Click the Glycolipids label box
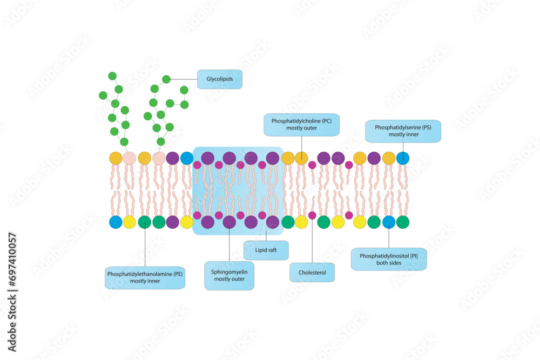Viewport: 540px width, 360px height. coord(220,79)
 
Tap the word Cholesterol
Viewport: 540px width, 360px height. coord(312,272)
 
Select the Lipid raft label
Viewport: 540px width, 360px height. coord(266,250)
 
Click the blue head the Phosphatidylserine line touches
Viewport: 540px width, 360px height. coord(403,158)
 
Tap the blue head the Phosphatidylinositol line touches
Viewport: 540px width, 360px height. coord(389,222)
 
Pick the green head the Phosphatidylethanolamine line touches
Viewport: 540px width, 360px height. coord(145,222)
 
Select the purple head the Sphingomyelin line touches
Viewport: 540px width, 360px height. coord(230,222)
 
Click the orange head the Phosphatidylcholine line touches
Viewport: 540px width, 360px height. coord(301,158)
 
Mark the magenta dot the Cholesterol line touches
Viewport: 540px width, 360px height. coord(312,215)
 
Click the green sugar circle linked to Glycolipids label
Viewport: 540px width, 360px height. coord(166,79)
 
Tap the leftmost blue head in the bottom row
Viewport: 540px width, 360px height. coord(116,222)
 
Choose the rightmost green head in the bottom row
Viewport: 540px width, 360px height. coord(403,222)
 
